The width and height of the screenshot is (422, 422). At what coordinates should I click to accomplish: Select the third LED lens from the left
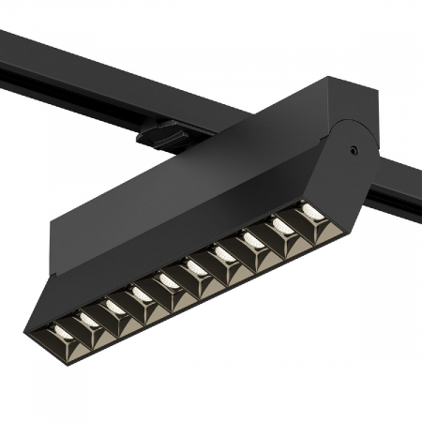click(x=115, y=308)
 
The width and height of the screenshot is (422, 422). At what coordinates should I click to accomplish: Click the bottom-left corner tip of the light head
click(x=28, y=329)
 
